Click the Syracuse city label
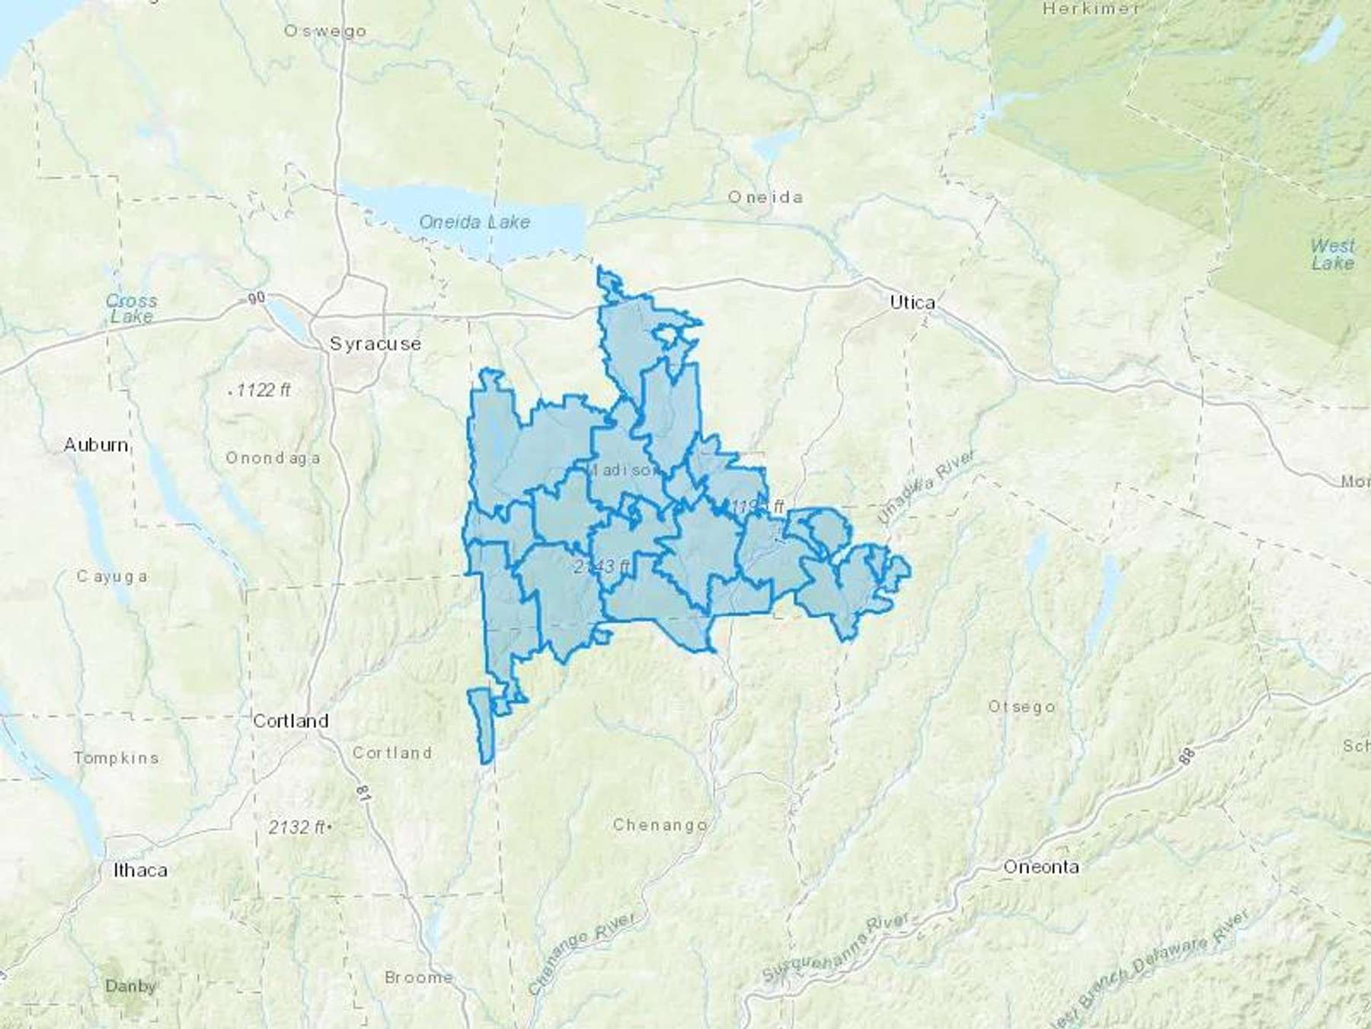(x=375, y=344)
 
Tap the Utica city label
(x=912, y=303)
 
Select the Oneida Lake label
(x=474, y=222)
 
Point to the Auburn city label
(x=96, y=444)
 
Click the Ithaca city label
(x=139, y=870)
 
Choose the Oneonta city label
(x=1040, y=867)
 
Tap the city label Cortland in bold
(x=290, y=720)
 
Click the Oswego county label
(x=325, y=31)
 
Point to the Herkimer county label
(x=1091, y=9)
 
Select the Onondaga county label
(x=273, y=458)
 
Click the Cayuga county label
(x=112, y=576)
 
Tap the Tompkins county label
(x=117, y=758)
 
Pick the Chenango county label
(x=660, y=825)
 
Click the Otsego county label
(x=1021, y=707)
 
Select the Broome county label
(x=419, y=977)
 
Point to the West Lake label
(x=1332, y=255)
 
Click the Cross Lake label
(x=131, y=308)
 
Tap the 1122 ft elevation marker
(x=260, y=391)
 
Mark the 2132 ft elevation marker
(x=299, y=827)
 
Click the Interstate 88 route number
(x=1189, y=757)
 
